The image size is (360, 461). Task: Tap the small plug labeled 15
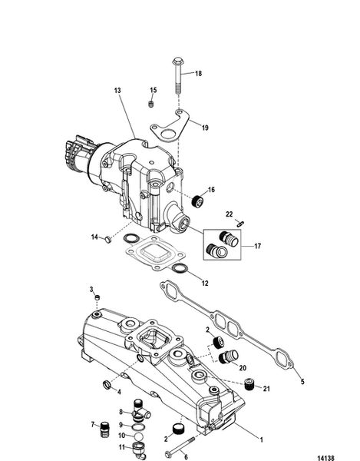tap(151, 104)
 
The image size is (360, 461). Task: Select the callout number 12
tap(203, 282)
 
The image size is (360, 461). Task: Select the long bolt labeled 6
tap(183, 440)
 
